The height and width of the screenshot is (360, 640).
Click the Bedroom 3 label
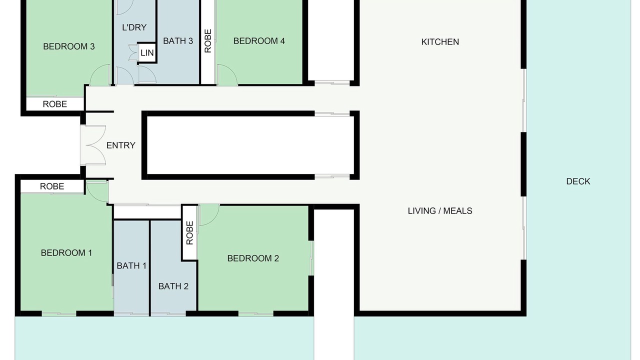tap(69, 46)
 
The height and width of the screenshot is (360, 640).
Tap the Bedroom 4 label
tap(259, 41)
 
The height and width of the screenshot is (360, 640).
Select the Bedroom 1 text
tap(66, 252)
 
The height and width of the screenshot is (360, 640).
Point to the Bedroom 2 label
tap(253, 258)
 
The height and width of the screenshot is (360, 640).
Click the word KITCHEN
tap(440, 42)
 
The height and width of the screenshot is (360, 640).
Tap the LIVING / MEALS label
tap(440, 211)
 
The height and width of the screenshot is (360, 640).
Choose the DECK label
tap(578, 181)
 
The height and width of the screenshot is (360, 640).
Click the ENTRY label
tap(121, 145)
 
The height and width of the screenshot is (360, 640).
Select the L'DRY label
tap(134, 27)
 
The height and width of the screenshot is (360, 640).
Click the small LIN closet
tap(147, 53)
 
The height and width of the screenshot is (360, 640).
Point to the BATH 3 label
tap(178, 41)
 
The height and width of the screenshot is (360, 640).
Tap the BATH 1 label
tap(131, 265)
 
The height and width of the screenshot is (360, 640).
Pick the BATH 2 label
tap(173, 286)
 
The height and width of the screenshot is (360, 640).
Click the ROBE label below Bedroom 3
tap(55, 104)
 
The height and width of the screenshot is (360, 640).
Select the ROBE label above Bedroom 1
tap(52, 186)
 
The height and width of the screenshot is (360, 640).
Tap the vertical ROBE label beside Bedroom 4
tap(208, 41)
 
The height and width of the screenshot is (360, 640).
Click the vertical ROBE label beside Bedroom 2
tap(189, 233)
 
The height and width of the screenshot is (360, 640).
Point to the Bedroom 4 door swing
tap(227, 75)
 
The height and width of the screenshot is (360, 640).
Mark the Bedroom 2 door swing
tap(209, 215)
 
